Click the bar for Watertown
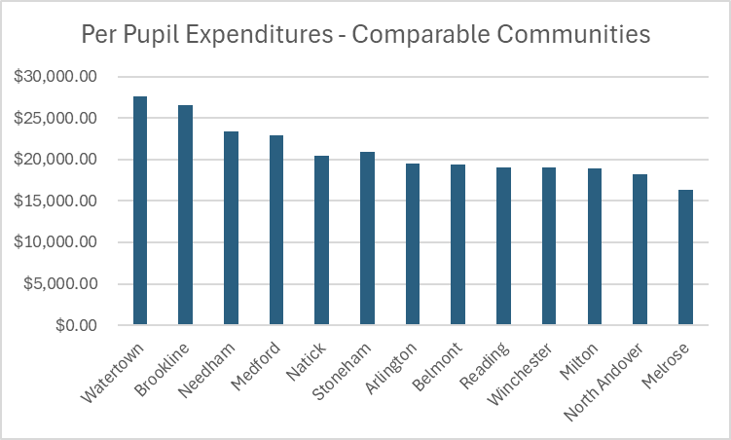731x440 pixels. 140,210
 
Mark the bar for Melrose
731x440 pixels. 685,257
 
